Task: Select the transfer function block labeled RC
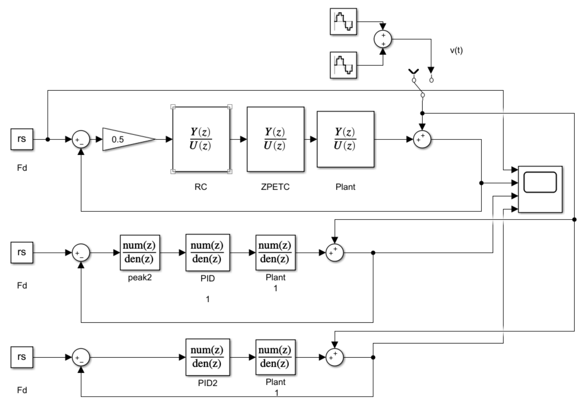(201, 139)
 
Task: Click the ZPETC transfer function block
(276, 139)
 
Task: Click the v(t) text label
(456, 50)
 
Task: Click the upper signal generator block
(343, 22)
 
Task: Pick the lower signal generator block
(343, 65)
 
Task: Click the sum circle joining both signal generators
(383, 39)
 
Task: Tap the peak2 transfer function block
(140, 253)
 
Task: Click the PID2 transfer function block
(208, 357)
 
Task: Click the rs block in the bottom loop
(22, 357)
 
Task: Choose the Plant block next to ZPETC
(345, 139)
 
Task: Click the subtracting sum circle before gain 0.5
(81, 139)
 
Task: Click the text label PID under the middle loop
(208, 278)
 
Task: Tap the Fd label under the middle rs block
(22, 285)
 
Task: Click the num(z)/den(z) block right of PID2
(276, 357)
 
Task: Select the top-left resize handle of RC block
(173, 107)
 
